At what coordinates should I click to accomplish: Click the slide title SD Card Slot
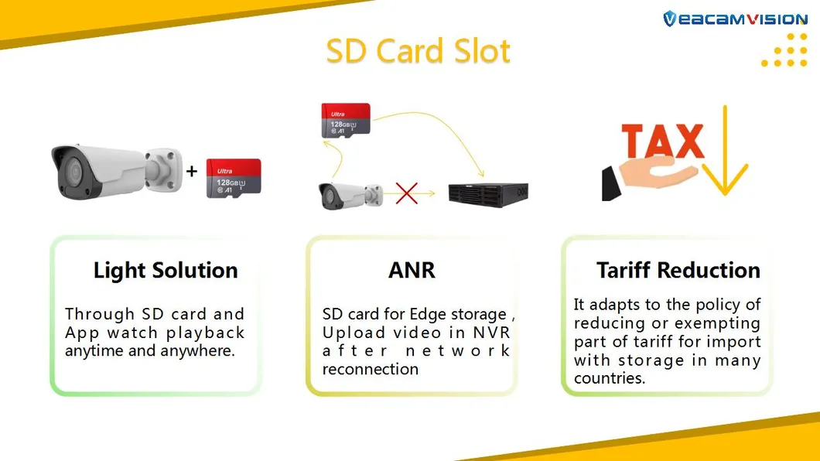pyautogui.click(x=418, y=51)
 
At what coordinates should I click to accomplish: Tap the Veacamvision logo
pyautogui.click(x=734, y=19)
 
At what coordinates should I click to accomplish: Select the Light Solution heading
pyautogui.click(x=166, y=271)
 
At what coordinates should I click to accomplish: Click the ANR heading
pyautogui.click(x=412, y=271)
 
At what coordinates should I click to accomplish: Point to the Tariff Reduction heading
pyautogui.click(x=678, y=271)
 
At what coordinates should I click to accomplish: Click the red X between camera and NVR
pyautogui.click(x=407, y=193)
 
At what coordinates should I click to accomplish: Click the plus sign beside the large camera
pyautogui.click(x=192, y=171)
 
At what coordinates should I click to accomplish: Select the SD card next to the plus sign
pyautogui.click(x=234, y=178)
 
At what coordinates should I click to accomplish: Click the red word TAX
pyautogui.click(x=662, y=142)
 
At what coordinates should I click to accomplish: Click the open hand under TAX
pyautogui.click(x=650, y=180)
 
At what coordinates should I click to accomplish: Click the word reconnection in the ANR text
pyautogui.click(x=371, y=369)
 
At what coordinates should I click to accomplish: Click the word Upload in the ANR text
pyautogui.click(x=354, y=333)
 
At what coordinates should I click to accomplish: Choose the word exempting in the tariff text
pyautogui.click(x=716, y=323)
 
